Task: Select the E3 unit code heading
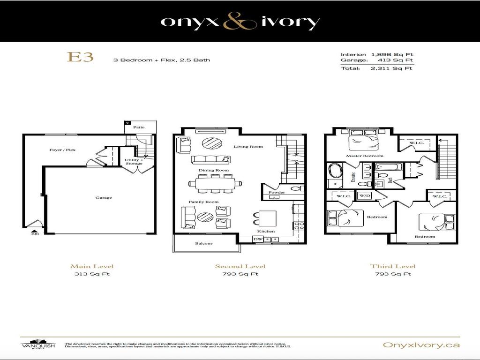click(81, 57)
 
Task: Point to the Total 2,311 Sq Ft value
click(391, 68)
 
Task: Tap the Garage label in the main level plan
click(104, 198)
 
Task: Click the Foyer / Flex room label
click(62, 150)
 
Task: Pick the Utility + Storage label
click(134, 162)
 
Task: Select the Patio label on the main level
click(139, 127)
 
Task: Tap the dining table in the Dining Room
click(215, 183)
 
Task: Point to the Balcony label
click(204, 243)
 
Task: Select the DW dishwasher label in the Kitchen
click(257, 239)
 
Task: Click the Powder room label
click(277, 192)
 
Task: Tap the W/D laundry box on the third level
click(365, 195)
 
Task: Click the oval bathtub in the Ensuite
click(335, 171)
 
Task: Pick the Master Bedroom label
click(365, 156)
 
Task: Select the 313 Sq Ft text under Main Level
click(92, 274)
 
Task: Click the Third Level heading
click(392, 266)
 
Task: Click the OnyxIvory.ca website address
click(421, 345)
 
